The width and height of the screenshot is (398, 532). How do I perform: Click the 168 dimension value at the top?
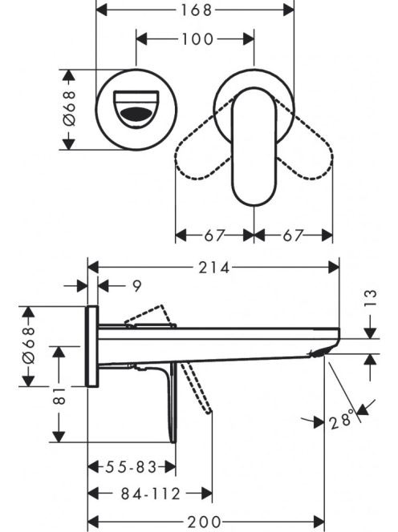[196, 10]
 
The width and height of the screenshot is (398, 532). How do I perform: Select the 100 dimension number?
[197, 39]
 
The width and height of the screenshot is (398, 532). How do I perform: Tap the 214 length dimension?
[214, 268]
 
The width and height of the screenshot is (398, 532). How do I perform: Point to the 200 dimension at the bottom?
[205, 522]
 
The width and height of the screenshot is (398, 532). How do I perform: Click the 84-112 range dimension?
[151, 494]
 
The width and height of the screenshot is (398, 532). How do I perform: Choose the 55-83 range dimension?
[131, 467]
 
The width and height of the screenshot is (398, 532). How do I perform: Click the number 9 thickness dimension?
[136, 286]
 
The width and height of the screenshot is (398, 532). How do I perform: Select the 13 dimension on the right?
[372, 298]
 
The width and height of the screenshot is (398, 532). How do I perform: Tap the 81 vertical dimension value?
[59, 395]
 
